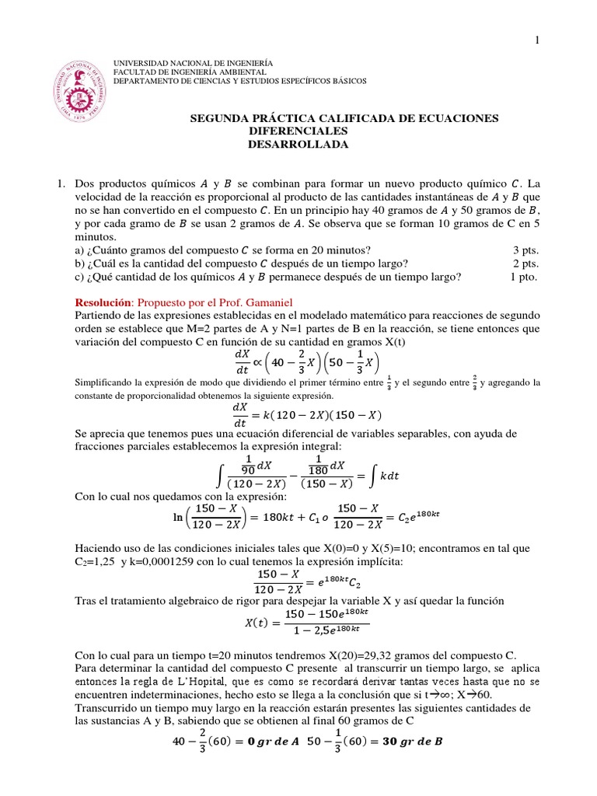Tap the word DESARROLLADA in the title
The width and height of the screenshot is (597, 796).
[x=288, y=145]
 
